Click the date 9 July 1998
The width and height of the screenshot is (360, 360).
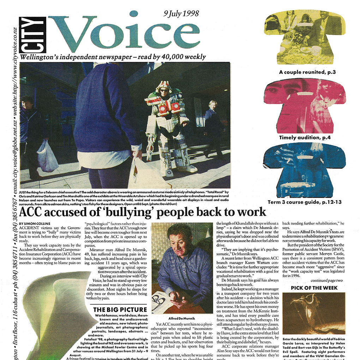[181, 14]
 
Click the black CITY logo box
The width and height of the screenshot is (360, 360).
[32, 35]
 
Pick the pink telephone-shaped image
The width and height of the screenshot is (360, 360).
[305, 106]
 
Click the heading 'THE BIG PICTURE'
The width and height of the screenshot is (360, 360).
[120, 310]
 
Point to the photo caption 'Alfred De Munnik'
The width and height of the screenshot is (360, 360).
[180, 318]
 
